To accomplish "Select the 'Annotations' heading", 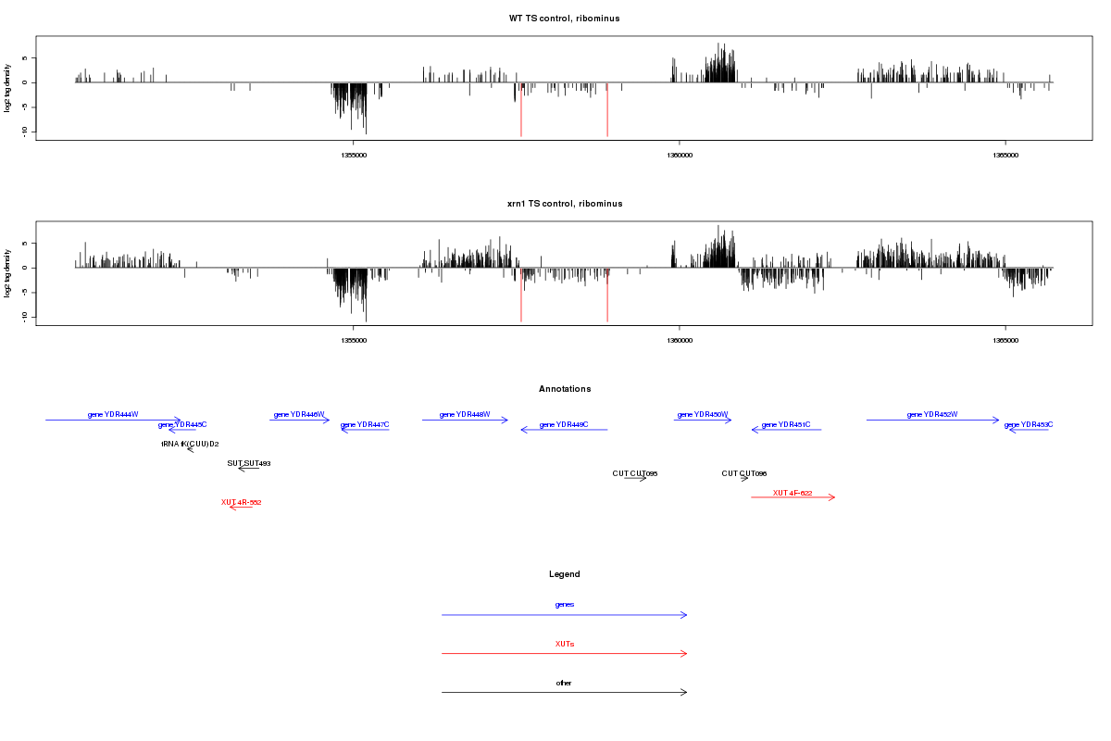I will [x=565, y=389].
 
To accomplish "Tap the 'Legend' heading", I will [x=565, y=574].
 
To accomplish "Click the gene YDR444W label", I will [x=113, y=414].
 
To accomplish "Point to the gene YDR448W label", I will [x=465, y=414].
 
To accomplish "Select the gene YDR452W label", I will [x=932, y=414].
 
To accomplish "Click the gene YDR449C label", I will [x=564, y=424].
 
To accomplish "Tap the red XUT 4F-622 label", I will [x=793, y=493].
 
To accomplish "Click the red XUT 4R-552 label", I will [x=241, y=502].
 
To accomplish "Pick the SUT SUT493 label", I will [x=248, y=463].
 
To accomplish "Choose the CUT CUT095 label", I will [x=635, y=473].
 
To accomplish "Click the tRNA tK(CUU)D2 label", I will [x=190, y=444].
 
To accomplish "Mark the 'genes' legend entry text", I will [x=565, y=605].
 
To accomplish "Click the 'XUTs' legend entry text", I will [x=565, y=644].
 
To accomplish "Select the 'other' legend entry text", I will [x=565, y=683].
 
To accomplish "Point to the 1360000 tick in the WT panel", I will [x=680, y=155].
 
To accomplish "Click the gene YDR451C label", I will [x=786, y=424].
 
